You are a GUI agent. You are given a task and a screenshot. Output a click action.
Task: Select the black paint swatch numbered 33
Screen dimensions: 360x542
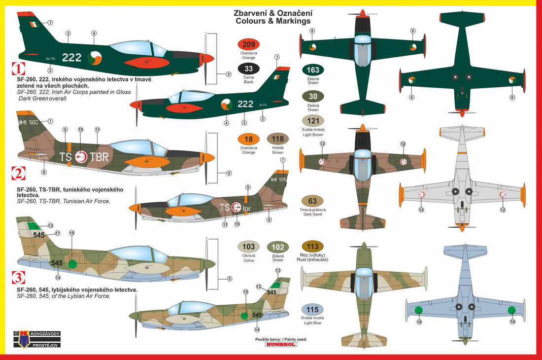click(248, 69)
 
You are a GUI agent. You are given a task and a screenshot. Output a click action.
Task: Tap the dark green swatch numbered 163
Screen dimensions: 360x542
click(313, 70)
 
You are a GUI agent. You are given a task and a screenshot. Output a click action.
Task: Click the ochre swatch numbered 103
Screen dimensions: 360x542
click(249, 247)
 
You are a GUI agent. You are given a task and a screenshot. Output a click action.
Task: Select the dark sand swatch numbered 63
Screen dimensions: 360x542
click(312, 201)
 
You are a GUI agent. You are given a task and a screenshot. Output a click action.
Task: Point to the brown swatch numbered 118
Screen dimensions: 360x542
click(278, 140)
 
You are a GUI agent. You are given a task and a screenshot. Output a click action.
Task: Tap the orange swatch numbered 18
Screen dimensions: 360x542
click(248, 140)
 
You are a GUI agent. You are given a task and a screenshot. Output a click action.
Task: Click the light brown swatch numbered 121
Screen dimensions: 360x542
click(313, 121)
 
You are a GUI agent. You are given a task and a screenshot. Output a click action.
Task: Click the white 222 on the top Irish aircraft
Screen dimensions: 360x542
click(72, 57)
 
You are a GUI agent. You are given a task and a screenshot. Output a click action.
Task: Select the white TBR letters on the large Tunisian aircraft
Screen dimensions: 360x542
click(98, 157)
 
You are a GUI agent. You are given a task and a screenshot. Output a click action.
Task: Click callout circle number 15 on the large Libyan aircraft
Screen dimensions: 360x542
click(71, 233)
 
